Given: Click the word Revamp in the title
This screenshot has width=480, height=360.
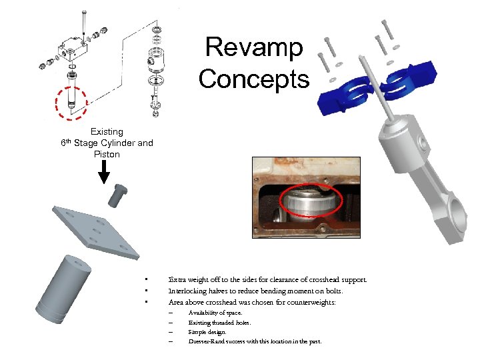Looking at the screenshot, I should pyautogui.click(x=254, y=48).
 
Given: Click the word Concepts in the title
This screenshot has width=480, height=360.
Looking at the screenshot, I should pyautogui.click(x=254, y=79).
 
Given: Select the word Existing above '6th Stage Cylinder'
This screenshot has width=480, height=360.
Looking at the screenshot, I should pyautogui.click(x=107, y=132).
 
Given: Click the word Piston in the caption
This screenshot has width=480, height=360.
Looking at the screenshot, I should pyautogui.click(x=107, y=154).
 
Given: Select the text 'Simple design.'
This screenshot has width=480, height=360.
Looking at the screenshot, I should pyautogui.click(x=207, y=332).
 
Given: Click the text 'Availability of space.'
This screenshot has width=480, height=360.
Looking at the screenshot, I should pyautogui.click(x=215, y=313).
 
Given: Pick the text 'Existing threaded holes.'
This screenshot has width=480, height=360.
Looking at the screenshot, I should pyautogui.click(x=219, y=323).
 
